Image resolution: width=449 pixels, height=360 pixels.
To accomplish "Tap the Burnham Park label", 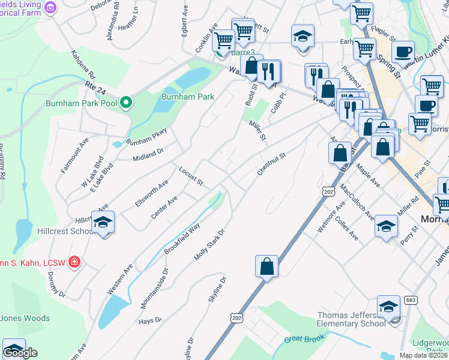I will pos(188,96).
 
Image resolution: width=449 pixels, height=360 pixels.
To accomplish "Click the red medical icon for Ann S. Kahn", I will pos(74,262).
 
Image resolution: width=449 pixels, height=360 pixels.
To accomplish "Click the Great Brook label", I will pos(300,340).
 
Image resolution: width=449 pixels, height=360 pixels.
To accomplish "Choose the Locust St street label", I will pos(191,176).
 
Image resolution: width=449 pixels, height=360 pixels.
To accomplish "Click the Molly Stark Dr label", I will pos(209,245).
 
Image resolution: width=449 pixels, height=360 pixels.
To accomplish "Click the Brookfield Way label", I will pos(181,239).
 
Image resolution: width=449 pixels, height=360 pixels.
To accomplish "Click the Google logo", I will pos(20,353).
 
